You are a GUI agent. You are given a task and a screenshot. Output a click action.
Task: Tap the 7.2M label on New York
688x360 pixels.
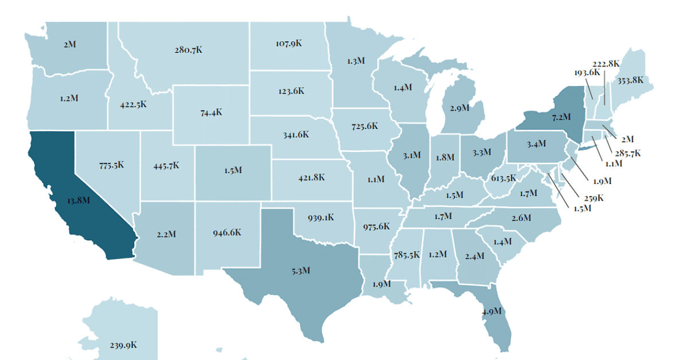click(561, 116)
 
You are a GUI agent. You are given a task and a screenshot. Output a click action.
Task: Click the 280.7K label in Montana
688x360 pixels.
click(188, 50)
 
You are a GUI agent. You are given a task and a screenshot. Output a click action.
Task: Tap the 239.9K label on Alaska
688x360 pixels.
click(123, 345)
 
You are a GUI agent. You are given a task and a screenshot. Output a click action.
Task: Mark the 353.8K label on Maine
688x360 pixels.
click(630, 80)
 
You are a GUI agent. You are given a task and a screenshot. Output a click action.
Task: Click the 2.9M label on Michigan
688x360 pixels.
click(459, 107)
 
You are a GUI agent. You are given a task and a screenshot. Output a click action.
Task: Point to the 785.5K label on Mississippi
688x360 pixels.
click(406, 254)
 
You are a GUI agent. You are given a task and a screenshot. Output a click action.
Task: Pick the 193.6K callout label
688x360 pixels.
click(587, 73)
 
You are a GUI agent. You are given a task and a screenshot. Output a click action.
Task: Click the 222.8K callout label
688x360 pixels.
click(606, 63)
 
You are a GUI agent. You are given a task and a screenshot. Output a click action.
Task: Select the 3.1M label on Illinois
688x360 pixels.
click(412, 155)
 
